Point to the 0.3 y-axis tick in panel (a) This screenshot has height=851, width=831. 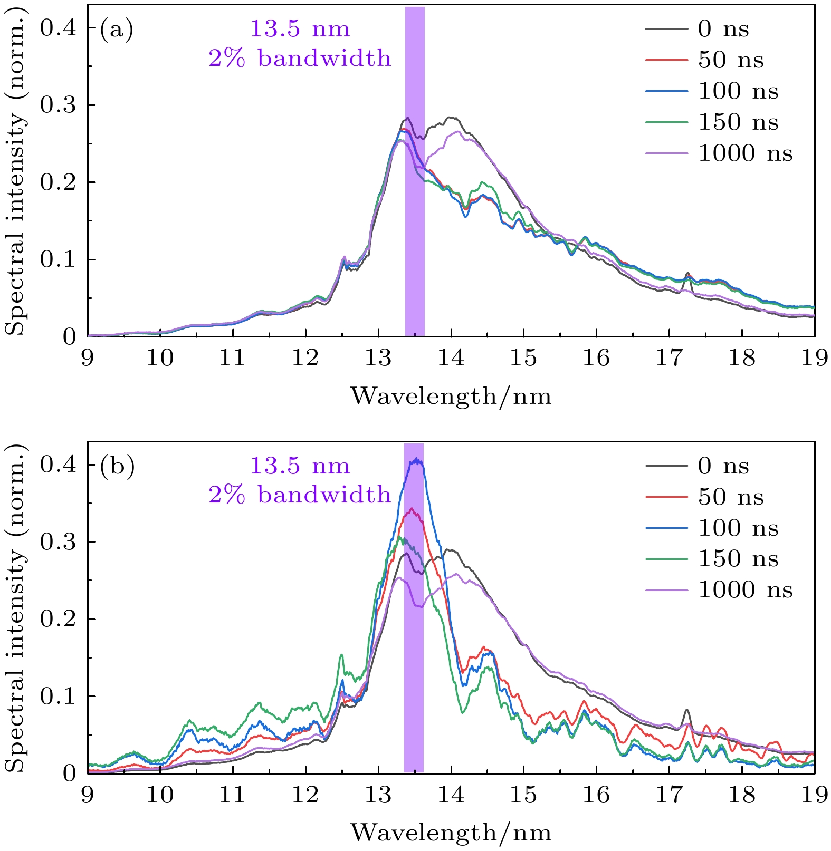[58, 105]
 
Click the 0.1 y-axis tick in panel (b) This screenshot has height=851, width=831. [58, 697]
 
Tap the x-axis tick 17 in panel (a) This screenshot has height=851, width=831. [669, 359]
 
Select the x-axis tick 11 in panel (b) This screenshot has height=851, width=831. [233, 795]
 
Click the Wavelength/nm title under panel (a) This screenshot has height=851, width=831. [451, 397]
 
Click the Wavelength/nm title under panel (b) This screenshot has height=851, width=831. [451, 833]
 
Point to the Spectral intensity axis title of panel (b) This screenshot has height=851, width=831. [16, 606]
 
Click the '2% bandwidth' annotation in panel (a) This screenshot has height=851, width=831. [300, 59]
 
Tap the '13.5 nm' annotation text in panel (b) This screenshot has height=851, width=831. [300, 466]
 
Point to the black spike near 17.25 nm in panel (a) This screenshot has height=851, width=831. [687, 274]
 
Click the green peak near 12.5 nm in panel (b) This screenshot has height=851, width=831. [341, 655]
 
